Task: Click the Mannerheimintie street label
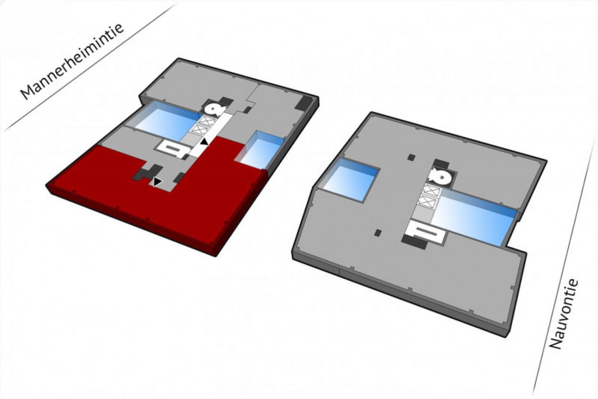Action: coord(72,62)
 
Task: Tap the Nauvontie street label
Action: coord(564,314)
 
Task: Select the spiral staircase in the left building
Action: coord(215,109)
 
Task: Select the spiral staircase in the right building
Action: coord(440,176)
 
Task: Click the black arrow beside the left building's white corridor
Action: coord(205,142)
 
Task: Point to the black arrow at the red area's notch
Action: coord(157,182)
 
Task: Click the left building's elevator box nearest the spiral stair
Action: coord(207,121)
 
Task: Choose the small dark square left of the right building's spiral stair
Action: coord(412,157)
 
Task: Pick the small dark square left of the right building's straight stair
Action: coord(378,233)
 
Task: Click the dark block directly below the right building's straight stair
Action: coord(414,242)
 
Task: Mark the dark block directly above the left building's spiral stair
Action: coord(226,101)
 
